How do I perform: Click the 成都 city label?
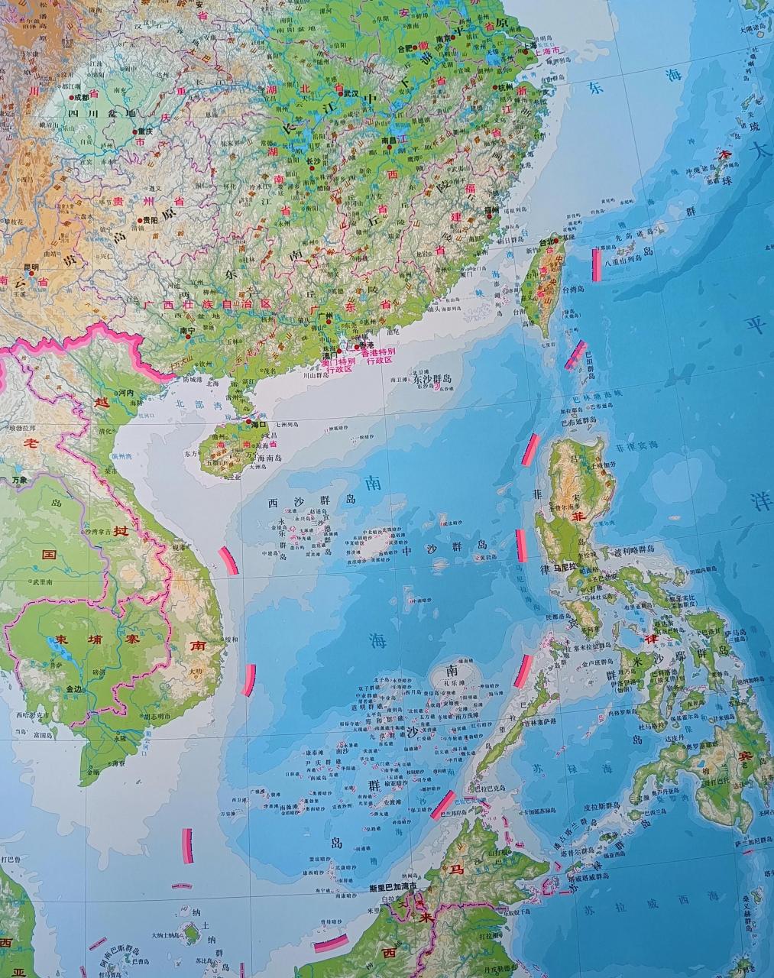click(81, 98)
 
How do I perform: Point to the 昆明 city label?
click(31, 267)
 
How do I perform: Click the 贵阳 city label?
click(150, 220)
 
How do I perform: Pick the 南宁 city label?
click(188, 331)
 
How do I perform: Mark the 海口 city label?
click(258, 423)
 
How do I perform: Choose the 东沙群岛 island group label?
click(432, 378)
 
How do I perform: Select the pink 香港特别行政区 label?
click(377, 356)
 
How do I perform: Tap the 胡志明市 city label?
click(156, 717)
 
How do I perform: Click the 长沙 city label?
click(313, 162)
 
